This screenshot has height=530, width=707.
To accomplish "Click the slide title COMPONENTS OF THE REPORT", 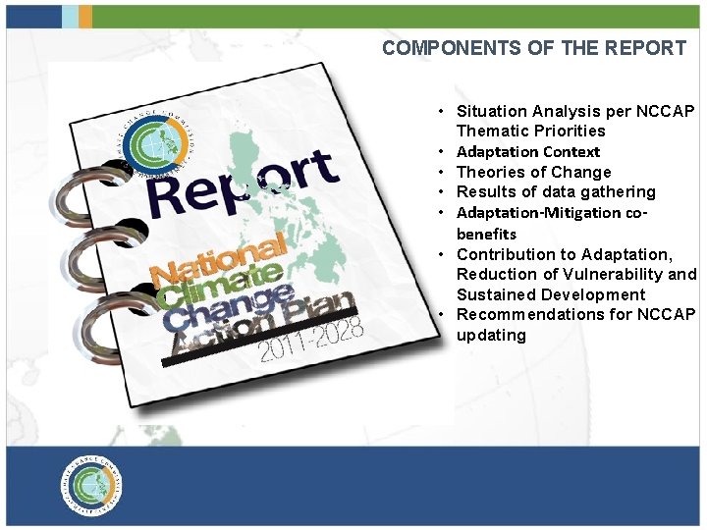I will tap(533, 48).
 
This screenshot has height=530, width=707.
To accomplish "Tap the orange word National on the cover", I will tap(218, 258).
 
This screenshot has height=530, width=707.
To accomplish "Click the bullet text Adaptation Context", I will tap(528, 152).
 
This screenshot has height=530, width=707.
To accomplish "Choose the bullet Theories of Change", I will tap(533, 172).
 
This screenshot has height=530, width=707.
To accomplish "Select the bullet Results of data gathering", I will tap(556, 191).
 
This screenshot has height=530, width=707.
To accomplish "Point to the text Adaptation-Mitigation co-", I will tap(552, 212).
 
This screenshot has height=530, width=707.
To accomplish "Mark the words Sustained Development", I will tap(551, 294).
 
